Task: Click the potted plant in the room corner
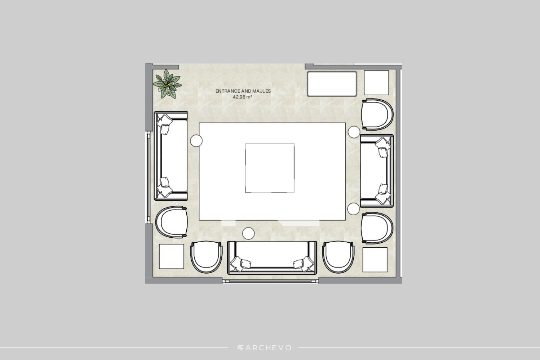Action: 167,84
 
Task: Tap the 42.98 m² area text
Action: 242,97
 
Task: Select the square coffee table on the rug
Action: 270,168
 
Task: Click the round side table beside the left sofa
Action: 196,140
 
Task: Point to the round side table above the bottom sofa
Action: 248,233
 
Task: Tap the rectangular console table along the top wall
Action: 332,84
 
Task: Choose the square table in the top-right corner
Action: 376,83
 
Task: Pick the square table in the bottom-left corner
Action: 171,256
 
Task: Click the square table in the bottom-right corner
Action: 375,260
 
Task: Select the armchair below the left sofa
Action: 171,222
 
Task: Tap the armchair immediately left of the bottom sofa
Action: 206,257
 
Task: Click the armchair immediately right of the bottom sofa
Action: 338,257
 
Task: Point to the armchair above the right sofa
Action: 377,115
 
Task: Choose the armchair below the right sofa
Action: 377,228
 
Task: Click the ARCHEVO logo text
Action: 265,348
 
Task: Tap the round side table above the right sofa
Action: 354,132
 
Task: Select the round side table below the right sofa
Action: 354,209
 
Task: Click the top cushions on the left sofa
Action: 164,124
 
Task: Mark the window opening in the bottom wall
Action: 270,281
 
